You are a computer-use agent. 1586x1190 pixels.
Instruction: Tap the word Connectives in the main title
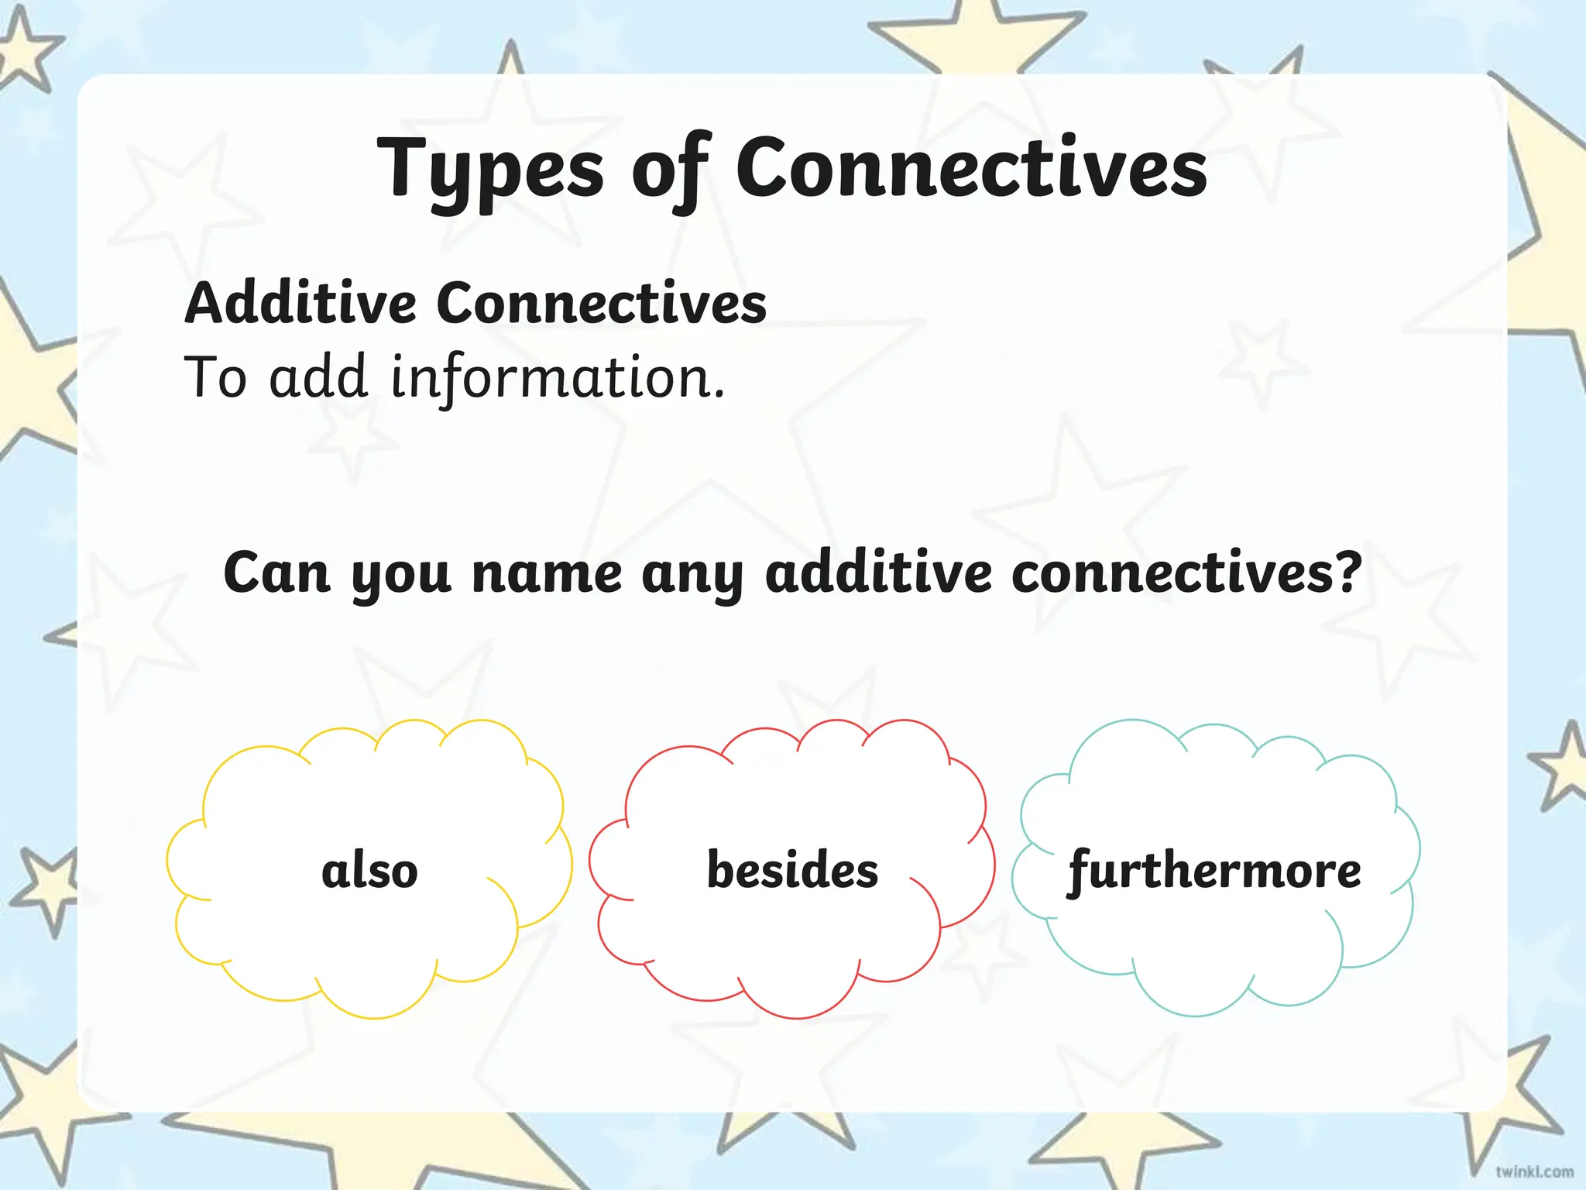click(971, 167)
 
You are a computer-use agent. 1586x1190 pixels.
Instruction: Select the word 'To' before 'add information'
click(215, 377)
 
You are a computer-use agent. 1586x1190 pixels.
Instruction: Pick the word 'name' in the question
click(547, 575)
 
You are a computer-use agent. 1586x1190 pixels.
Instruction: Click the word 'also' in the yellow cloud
click(369, 870)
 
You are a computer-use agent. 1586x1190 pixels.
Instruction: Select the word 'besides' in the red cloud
click(792, 869)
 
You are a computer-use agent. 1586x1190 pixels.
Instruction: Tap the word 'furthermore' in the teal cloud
click(1214, 871)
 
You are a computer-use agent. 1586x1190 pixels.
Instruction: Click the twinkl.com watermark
click(1534, 1171)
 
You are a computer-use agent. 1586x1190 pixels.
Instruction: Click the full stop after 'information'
click(719, 396)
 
